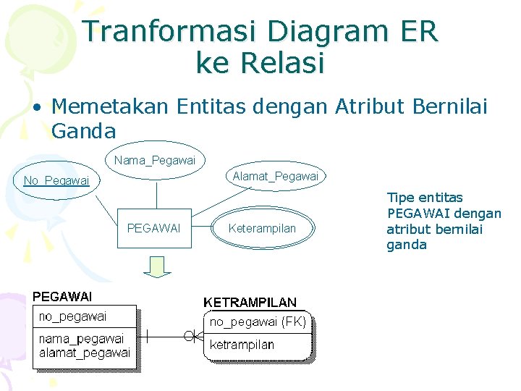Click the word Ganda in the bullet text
click(83, 131)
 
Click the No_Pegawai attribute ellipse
click(56, 180)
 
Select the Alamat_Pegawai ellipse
click(275, 176)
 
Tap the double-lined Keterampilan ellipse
click(262, 228)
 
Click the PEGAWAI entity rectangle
click(154, 228)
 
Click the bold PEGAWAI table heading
click(62, 296)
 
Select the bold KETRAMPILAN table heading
click(250, 302)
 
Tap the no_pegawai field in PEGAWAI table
click(72, 316)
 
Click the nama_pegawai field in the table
click(81, 338)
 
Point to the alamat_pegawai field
click(84, 353)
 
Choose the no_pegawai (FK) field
click(258, 321)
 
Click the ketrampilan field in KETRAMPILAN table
click(242, 345)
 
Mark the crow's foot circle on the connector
click(190, 335)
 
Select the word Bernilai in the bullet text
click(449, 107)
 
